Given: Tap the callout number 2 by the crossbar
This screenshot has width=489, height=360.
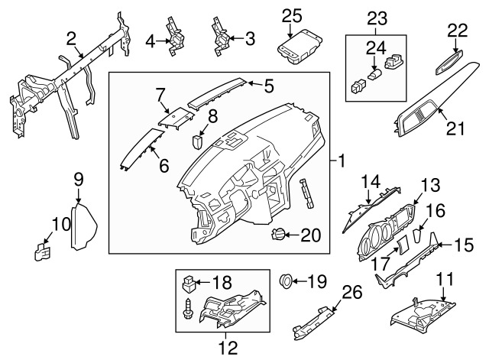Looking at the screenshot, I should pos(70,37).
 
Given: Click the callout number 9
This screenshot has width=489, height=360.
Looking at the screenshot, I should pos(78,180).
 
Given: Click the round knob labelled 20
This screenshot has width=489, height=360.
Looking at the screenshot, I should pos(280,235).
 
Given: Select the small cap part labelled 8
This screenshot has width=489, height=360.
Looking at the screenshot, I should pos(198,141).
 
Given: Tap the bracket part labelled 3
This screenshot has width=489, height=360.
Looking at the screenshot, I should pos(222,34).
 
